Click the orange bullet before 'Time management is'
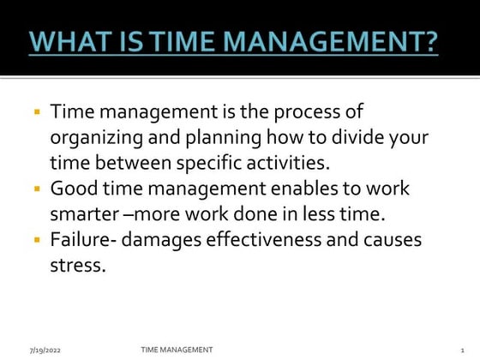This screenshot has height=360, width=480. coord(38,112)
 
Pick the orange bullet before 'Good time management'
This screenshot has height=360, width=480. coord(38,188)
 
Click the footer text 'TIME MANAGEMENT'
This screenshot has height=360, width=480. coord(177,349)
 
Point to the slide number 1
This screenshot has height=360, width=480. coord(461,350)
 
